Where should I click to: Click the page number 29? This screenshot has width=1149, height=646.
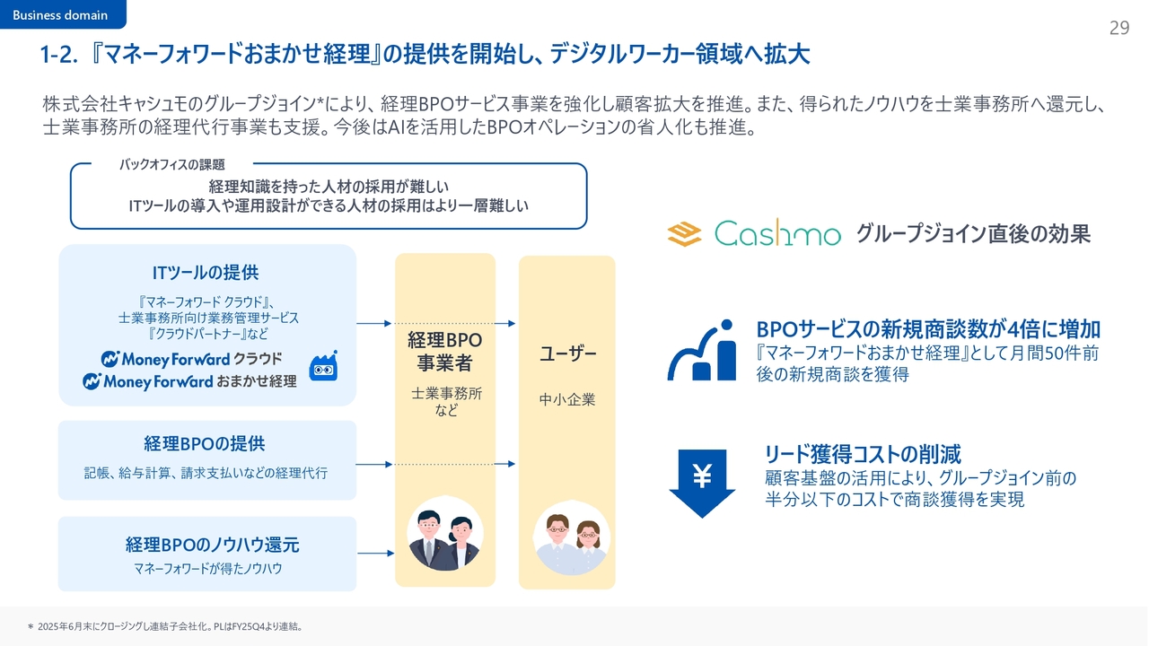1118,28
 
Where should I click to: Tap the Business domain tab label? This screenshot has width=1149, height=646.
60,15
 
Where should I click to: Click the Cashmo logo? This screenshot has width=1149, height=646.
754,233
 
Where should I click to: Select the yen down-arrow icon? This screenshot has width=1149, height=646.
702,483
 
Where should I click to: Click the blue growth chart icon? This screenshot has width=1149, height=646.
702,350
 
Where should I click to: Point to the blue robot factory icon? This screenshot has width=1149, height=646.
323,366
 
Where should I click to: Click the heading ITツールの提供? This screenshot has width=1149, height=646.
206,273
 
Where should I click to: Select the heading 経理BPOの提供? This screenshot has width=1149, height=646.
205,443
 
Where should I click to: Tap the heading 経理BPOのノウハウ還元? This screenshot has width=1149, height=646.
213,545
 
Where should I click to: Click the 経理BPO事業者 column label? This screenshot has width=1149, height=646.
444,351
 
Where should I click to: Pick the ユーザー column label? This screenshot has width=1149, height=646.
568,354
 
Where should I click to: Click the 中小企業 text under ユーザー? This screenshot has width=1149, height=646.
567,399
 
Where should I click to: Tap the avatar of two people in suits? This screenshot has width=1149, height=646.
444,534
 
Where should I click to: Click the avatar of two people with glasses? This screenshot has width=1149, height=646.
571,537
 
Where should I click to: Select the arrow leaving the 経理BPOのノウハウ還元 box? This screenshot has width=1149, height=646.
375,554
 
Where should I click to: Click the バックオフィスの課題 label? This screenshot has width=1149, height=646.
172,164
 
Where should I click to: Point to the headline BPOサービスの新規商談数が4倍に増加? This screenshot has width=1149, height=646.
928,329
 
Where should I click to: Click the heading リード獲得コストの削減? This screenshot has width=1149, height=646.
863,454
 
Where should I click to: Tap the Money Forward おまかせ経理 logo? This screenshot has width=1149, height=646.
189,381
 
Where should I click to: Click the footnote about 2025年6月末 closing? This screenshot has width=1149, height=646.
166,626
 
